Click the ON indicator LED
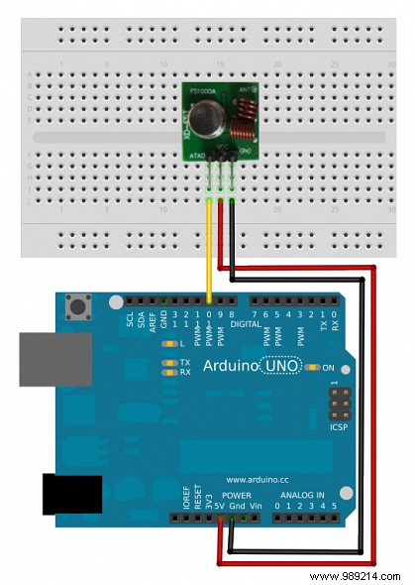[x=313, y=368]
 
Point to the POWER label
[x=236, y=495]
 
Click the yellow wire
[x=209, y=248]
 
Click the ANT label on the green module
[x=244, y=86]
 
